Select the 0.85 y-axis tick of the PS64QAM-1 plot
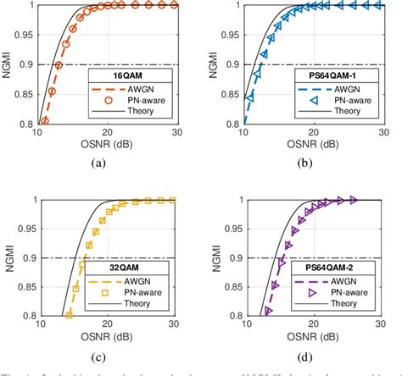click(224, 94)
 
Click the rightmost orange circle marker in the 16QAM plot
click(174, 5)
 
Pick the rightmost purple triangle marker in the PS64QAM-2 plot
click(354, 200)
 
